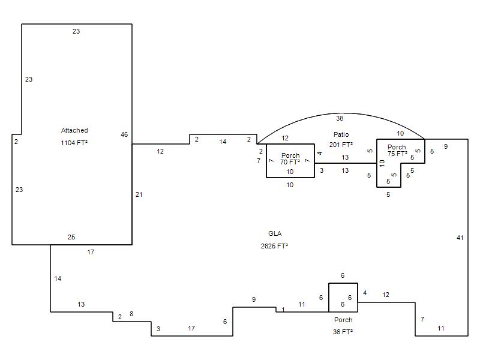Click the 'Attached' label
(x=74, y=130)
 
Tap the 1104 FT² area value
(x=74, y=143)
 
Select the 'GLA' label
(x=275, y=233)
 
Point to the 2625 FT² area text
(x=275, y=246)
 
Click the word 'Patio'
(x=341, y=134)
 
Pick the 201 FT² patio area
(x=341, y=145)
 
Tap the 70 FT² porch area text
(x=290, y=162)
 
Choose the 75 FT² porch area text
(x=397, y=154)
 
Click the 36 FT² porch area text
(x=343, y=332)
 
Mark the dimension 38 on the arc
(x=340, y=118)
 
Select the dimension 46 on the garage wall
(x=124, y=134)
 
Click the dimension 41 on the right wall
(x=460, y=238)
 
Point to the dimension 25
(x=71, y=237)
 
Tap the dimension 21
(x=139, y=194)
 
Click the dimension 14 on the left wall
(x=58, y=278)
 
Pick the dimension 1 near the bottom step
(x=283, y=309)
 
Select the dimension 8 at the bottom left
(x=131, y=314)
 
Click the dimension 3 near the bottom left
(x=158, y=328)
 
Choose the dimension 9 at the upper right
(x=446, y=146)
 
